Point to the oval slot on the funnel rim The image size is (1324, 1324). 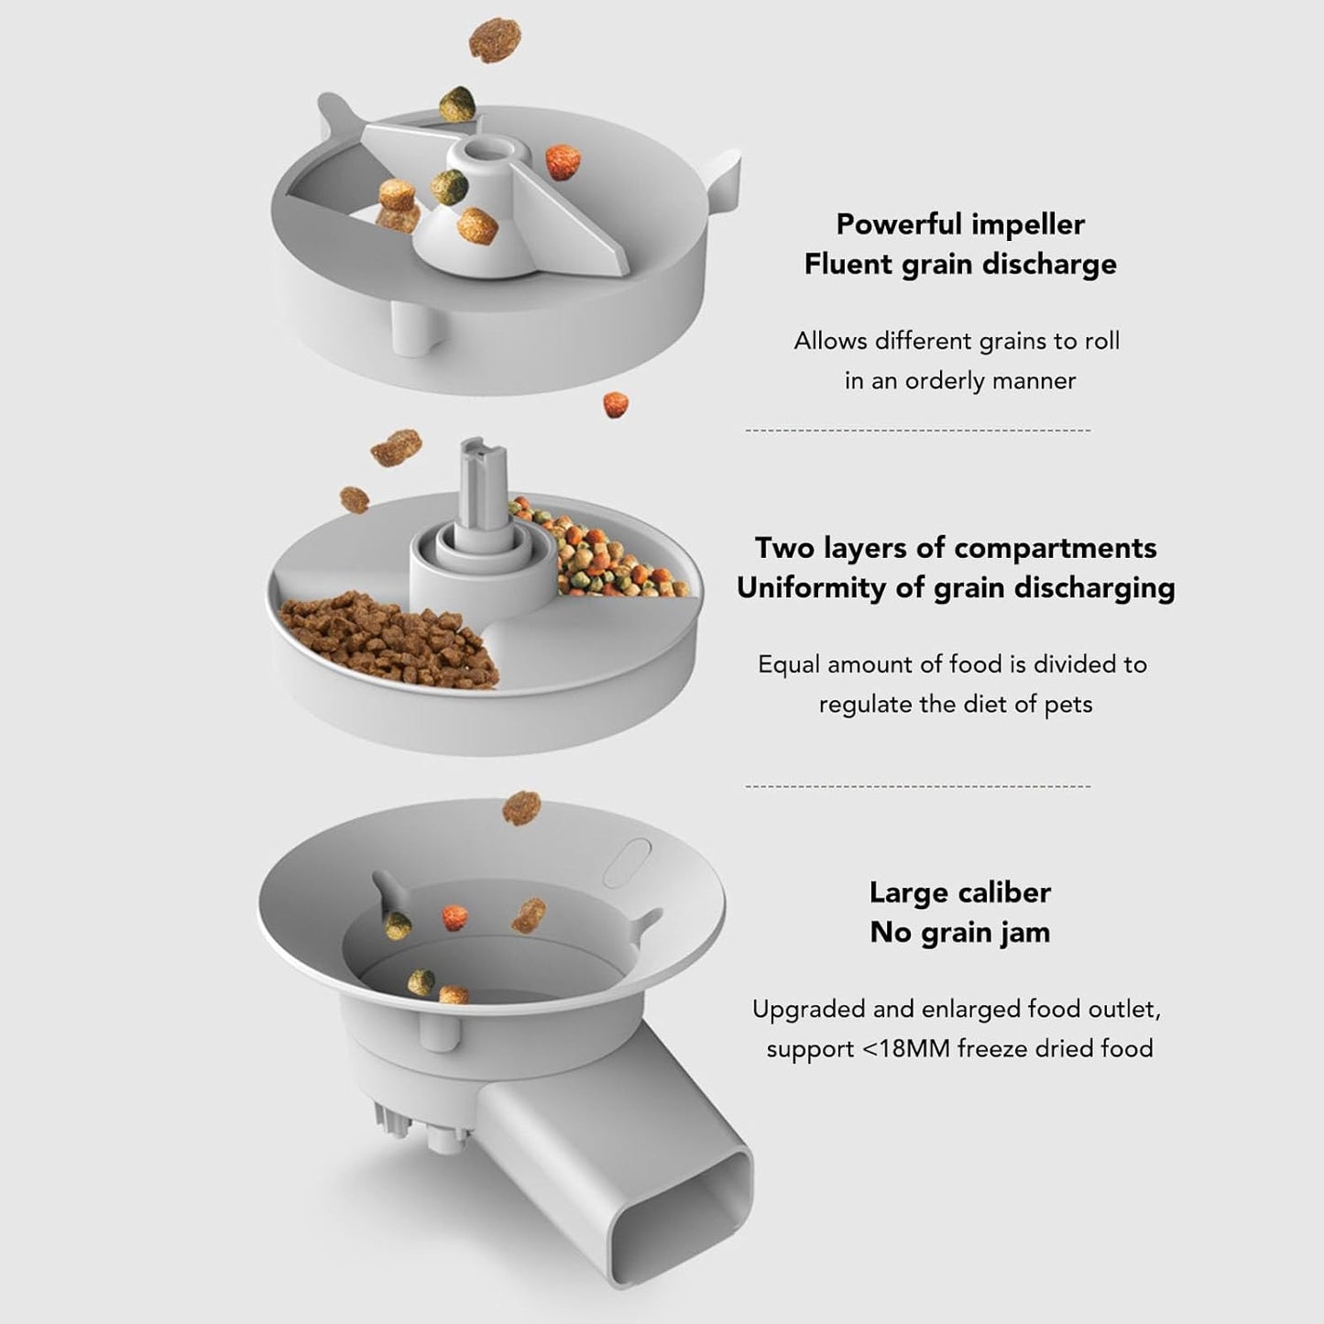pos(627,861)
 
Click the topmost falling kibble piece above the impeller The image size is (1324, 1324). pos(495,40)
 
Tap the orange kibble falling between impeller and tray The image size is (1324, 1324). pos(616,405)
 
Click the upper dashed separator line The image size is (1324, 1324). pos(918,431)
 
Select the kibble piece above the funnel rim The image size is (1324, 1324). pos(521,808)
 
